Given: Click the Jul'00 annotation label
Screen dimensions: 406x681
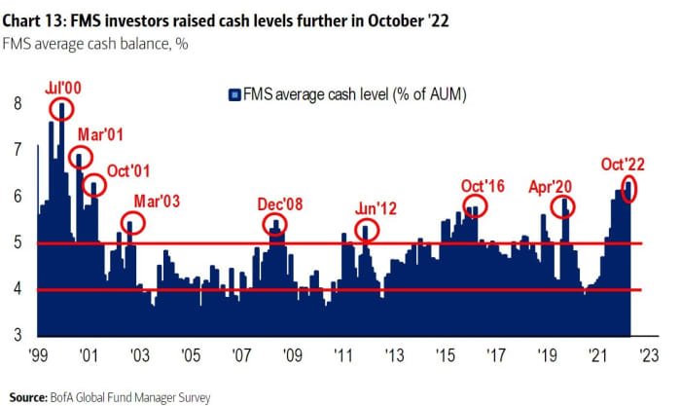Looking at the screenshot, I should pyautogui.click(x=64, y=89).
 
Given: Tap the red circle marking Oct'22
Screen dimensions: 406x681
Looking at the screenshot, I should pyautogui.click(x=629, y=188).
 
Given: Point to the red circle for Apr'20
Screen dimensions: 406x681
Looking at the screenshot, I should pyautogui.click(x=562, y=206).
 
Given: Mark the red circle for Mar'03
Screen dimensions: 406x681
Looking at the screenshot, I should pyautogui.click(x=133, y=223).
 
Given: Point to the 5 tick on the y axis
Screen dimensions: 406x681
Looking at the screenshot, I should pyautogui.click(x=16, y=243).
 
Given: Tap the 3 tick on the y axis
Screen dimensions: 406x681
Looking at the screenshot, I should pyautogui.click(x=16, y=336).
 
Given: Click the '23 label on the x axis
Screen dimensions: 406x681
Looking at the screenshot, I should pyautogui.click(x=649, y=356).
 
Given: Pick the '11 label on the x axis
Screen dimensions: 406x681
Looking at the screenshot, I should pyautogui.click(x=342, y=356).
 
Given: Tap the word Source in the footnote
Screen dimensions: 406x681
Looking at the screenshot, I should pyautogui.click(x=28, y=396).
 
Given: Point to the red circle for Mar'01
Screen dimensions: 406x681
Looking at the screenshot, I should pyautogui.click(x=80, y=157).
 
